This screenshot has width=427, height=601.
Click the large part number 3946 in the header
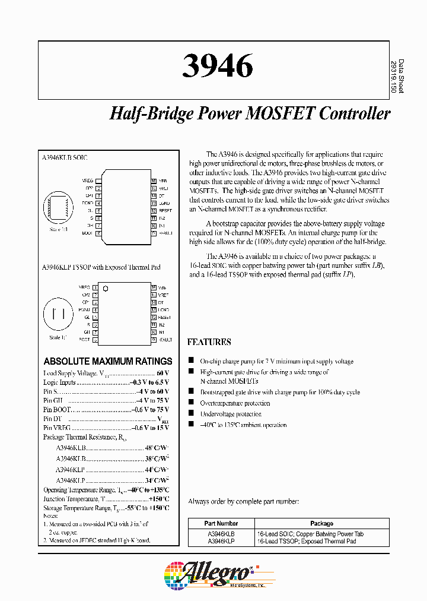217,66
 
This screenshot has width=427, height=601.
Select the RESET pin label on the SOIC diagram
165,210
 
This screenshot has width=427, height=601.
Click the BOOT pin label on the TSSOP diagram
84,340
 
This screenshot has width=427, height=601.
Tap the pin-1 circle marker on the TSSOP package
106,289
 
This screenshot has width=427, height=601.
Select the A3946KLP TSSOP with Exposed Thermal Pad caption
101,267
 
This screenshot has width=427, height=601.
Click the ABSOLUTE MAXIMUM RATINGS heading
108,361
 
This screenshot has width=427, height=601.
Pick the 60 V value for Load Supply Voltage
162,373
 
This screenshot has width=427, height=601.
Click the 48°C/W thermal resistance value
157,448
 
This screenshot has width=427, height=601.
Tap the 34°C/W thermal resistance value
157,480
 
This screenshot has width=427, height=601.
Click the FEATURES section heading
209,342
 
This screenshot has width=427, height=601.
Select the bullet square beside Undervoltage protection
191,414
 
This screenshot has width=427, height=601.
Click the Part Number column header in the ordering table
221,524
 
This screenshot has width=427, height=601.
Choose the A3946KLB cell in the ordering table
221,534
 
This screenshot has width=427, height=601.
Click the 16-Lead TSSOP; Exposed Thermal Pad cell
310,542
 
